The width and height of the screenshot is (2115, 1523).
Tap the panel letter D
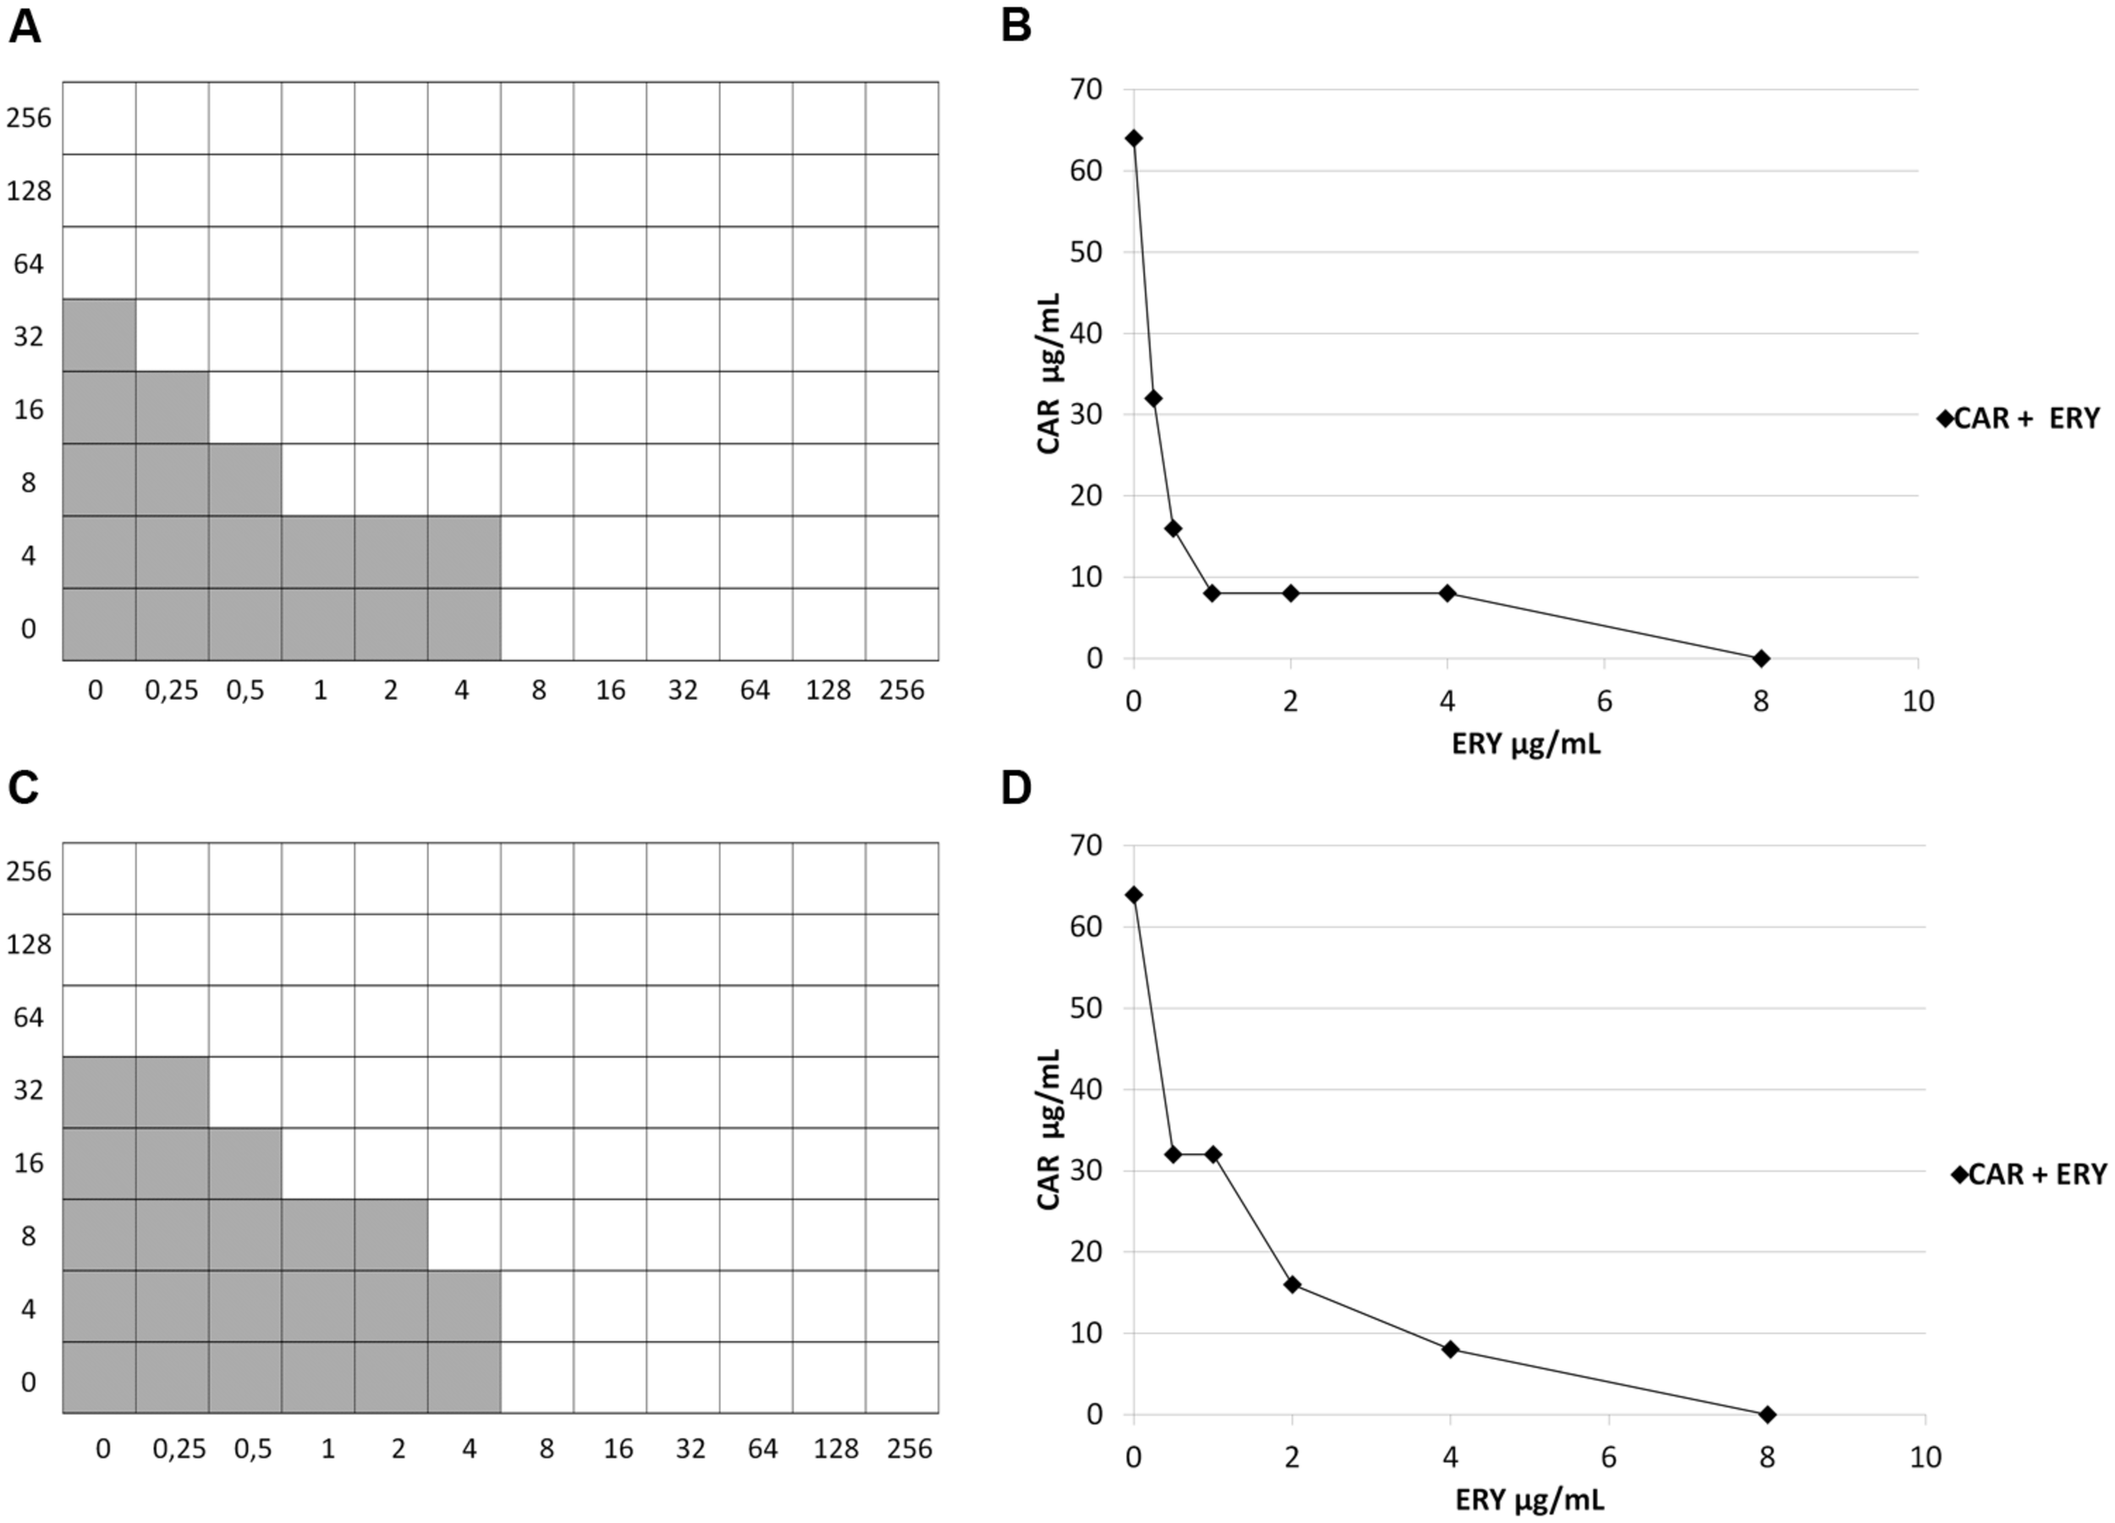point(1015,788)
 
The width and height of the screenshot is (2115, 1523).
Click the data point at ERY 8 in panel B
point(1761,658)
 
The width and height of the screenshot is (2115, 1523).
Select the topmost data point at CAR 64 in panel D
point(1134,895)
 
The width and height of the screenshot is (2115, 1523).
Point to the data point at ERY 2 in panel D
point(1293,1284)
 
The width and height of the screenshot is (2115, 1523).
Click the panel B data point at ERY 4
point(1448,593)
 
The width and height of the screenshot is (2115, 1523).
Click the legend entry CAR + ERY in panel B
point(2019,419)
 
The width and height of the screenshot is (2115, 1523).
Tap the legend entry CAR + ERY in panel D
point(2030,1174)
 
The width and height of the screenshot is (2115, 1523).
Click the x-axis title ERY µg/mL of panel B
point(1525,745)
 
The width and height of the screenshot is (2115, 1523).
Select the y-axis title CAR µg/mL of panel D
point(1049,1130)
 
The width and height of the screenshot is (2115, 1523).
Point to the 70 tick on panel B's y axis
point(1086,90)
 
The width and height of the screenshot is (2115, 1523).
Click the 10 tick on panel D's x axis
point(1925,1457)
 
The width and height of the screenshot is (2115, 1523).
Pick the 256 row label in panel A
point(29,118)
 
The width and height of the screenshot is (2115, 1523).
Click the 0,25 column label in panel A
point(172,690)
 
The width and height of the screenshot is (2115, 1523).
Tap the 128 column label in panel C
point(836,1449)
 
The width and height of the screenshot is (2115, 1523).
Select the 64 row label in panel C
point(29,1016)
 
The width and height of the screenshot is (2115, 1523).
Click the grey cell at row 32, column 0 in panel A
point(99,335)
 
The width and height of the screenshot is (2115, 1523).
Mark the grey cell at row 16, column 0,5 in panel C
point(244,1163)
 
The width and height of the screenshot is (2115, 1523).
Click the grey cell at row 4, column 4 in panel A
point(464,553)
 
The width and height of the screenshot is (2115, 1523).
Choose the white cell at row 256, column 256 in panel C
point(902,877)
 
